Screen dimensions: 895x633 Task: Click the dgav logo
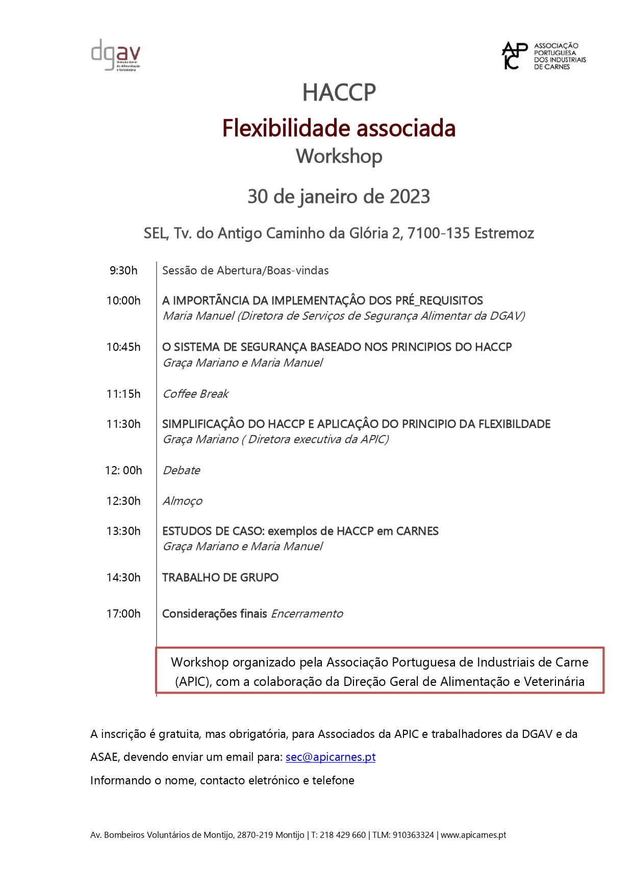pos(116,56)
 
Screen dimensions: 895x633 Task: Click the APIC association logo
pos(544,56)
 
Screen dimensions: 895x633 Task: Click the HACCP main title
pos(339,93)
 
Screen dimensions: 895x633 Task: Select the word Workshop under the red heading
pos(339,157)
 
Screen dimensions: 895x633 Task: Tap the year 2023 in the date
pos(410,197)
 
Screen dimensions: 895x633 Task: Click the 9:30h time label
pos(123,271)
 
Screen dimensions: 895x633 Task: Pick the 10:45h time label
pos(123,347)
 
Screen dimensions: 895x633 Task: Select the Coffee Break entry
pos(195,394)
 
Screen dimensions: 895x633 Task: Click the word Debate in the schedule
pos(181,471)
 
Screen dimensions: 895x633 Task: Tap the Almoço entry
pos(182,501)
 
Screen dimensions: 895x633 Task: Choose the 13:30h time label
pos(123,531)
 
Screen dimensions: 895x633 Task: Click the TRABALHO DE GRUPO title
pos(220,578)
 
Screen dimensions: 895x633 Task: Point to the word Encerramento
pos(307,614)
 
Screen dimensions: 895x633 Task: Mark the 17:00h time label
pos(123,614)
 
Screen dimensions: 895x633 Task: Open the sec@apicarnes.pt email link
pos(331,757)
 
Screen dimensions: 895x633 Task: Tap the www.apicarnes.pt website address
pos(473,835)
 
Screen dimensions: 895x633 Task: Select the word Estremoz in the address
pos(504,234)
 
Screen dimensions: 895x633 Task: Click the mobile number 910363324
pos(413,835)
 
